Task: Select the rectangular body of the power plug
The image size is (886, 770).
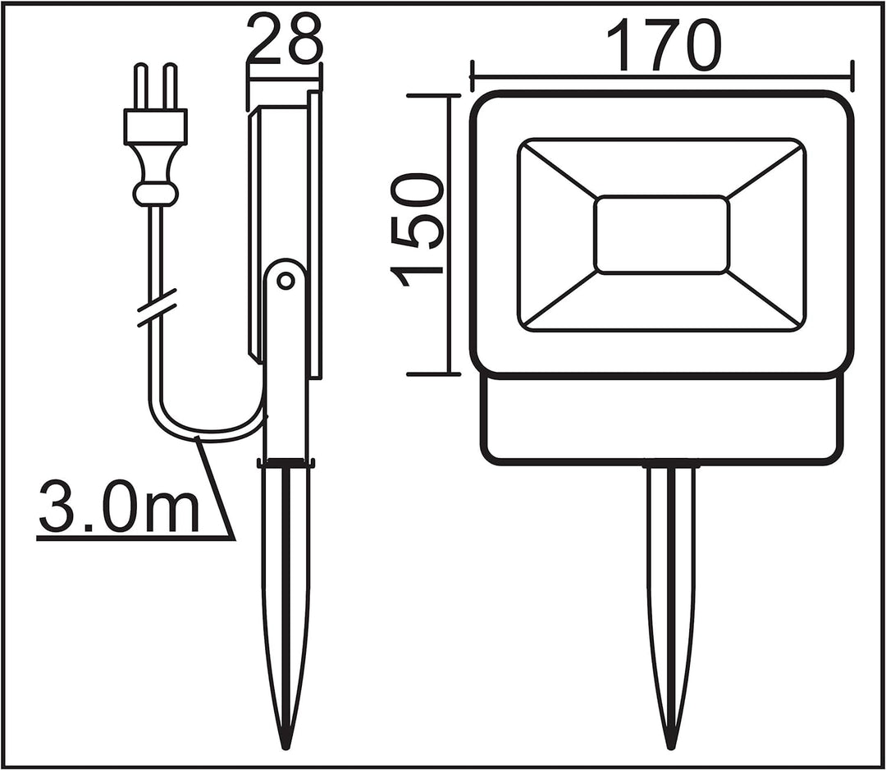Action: point(155,126)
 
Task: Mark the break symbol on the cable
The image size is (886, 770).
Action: point(157,309)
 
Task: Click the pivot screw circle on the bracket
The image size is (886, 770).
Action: point(285,281)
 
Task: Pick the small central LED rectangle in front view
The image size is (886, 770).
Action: point(661,235)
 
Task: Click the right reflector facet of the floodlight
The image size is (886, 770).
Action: point(767,235)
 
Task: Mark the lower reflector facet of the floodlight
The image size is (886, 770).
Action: point(661,304)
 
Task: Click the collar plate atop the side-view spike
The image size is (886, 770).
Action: point(286,462)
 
